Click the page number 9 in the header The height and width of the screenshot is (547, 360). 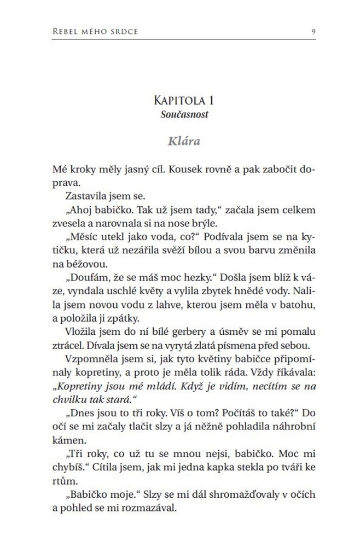312,31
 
